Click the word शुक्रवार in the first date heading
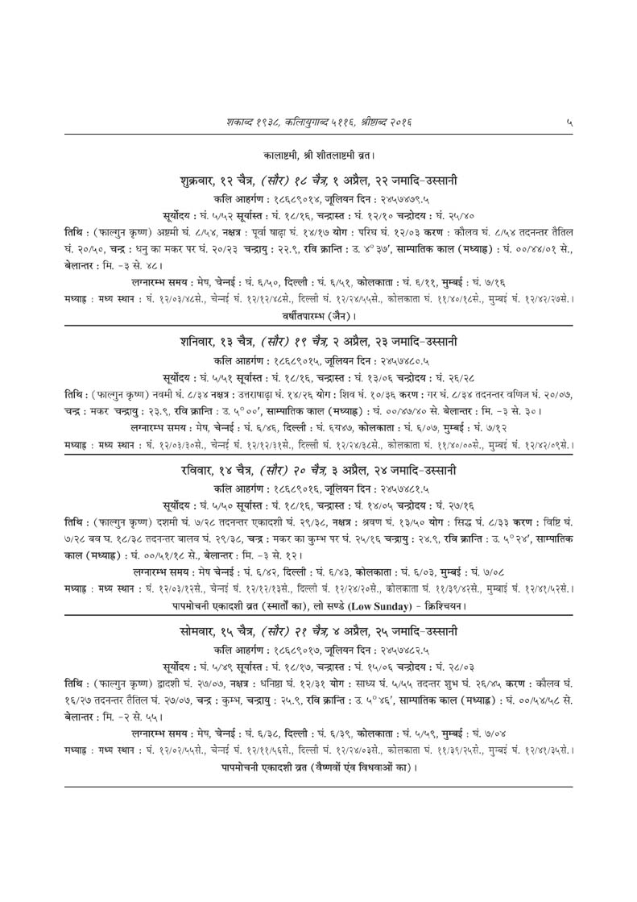pos(198,179)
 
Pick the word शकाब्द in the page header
pos(242,122)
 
